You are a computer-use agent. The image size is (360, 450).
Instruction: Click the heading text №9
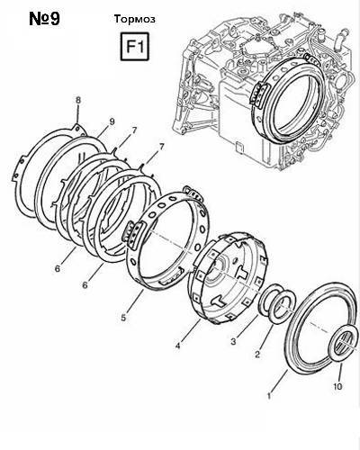(x=45, y=19)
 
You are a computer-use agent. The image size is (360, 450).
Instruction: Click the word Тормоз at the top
(x=135, y=19)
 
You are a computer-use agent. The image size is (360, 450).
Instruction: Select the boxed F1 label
(x=135, y=47)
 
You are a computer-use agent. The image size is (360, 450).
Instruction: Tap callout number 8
(x=78, y=101)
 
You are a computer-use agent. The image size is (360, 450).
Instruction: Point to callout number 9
(x=112, y=121)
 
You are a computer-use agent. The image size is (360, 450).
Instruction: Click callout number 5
(x=123, y=318)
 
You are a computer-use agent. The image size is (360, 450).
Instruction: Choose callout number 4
(x=178, y=346)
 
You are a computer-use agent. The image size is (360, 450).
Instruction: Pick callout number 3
(x=234, y=341)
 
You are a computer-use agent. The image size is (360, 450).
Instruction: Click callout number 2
(x=257, y=355)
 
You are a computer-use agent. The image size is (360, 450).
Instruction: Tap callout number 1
(x=269, y=396)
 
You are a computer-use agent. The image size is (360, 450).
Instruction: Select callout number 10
(x=337, y=386)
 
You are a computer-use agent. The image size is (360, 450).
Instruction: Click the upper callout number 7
(x=134, y=130)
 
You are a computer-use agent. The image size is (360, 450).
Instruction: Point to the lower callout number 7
(x=162, y=147)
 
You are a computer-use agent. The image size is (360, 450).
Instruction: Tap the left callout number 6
(x=58, y=268)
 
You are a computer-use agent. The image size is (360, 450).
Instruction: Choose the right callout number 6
(x=85, y=284)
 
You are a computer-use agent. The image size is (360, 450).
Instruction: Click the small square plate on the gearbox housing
(x=239, y=147)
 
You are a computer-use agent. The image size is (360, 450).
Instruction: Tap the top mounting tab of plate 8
(x=78, y=129)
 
